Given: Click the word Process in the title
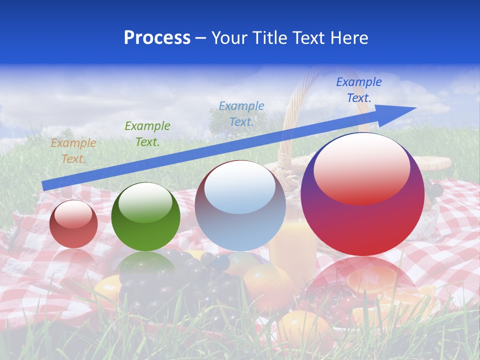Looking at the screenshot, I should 157,38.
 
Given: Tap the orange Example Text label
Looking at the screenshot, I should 73,150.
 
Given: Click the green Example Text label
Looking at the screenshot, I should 147,133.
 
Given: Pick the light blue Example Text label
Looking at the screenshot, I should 241,113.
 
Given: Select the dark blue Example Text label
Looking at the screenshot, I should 359,90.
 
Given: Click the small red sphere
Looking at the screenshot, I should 73,224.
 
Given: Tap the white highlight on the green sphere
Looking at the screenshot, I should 145,202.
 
